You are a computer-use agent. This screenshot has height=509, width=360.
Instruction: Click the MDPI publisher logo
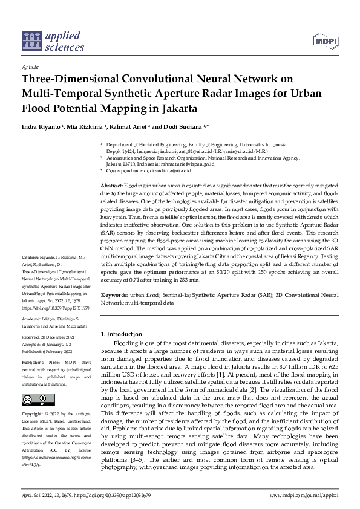[x=324, y=41]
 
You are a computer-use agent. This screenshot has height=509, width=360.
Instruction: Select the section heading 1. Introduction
[x=121, y=334]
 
